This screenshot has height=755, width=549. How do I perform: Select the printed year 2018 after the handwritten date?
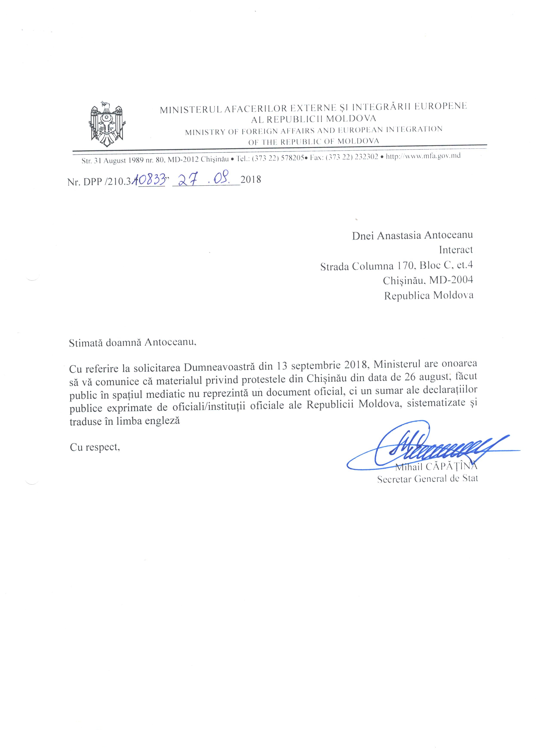[251, 180]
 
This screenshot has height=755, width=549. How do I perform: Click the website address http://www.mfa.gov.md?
[423, 156]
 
